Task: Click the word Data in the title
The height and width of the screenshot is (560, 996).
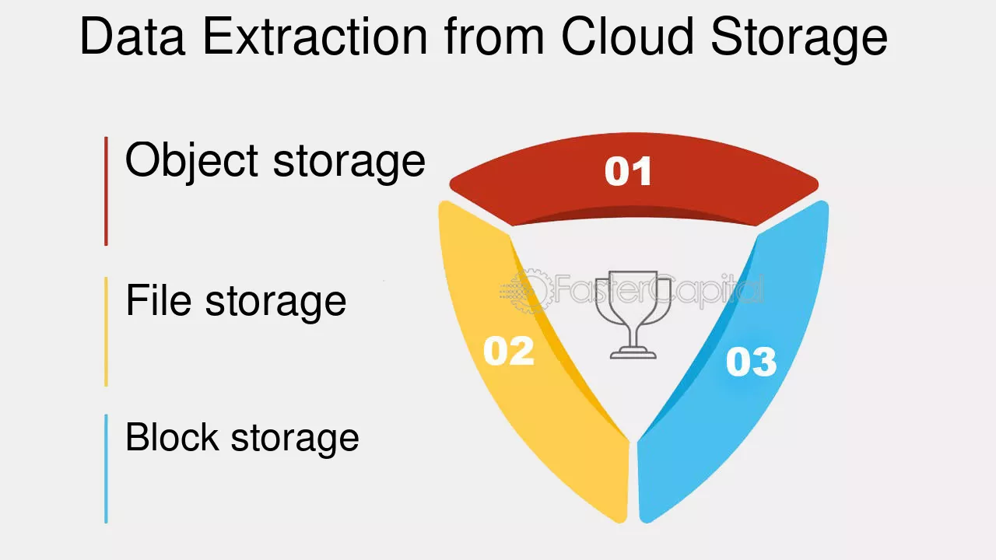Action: click(x=132, y=36)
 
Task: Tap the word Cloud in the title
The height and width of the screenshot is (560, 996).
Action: click(x=628, y=36)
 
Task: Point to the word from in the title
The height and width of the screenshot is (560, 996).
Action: click(x=494, y=36)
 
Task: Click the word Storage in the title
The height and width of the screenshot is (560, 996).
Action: click(x=799, y=40)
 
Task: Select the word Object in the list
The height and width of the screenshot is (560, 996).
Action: click(x=191, y=162)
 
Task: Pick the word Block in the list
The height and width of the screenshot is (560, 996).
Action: click(x=173, y=436)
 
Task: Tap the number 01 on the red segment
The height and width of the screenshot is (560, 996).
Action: click(x=628, y=171)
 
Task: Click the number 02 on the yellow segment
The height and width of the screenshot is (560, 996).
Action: click(x=509, y=351)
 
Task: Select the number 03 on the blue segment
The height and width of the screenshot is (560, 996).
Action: click(x=752, y=362)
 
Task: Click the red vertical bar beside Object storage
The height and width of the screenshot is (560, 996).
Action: click(x=107, y=191)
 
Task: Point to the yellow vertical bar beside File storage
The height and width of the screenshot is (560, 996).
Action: click(x=107, y=332)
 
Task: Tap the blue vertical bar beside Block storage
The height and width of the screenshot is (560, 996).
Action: click(x=107, y=469)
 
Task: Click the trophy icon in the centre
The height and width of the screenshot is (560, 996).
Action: click(x=633, y=314)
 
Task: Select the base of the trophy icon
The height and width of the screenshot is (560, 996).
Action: click(x=633, y=353)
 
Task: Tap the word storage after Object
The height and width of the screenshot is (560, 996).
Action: click(x=349, y=164)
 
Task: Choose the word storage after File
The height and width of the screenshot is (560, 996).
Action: click(x=275, y=303)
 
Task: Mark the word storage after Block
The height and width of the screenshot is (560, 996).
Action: click(x=295, y=439)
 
